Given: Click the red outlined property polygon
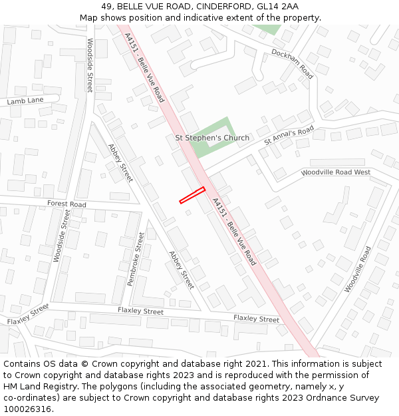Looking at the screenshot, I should pyautogui.click(x=192, y=195).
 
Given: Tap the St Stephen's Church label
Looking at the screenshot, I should pyautogui.click(x=211, y=138).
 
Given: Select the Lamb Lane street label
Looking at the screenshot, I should pyautogui.click(x=25, y=101).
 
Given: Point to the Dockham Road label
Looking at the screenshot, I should pyautogui.click(x=292, y=64).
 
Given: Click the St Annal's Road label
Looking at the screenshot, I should pyautogui.click(x=289, y=136).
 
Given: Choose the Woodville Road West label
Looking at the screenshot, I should pyautogui.click(x=335, y=172).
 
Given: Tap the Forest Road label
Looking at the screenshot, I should pyautogui.click(x=66, y=204).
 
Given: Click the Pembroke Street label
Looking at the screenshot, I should pyautogui.click(x=136, y=259).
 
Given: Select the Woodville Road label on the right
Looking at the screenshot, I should pyautogui.click(x=358, y=270).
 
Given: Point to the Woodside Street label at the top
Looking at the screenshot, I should pyautogui.click(x=90, y=65).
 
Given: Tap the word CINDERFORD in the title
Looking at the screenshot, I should pyautogui.click(x=218, y=7).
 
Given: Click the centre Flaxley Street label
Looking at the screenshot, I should pyautogui.click(x=140, y=311).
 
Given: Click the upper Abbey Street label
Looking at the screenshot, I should pyautogui.click(x=120, y=163).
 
